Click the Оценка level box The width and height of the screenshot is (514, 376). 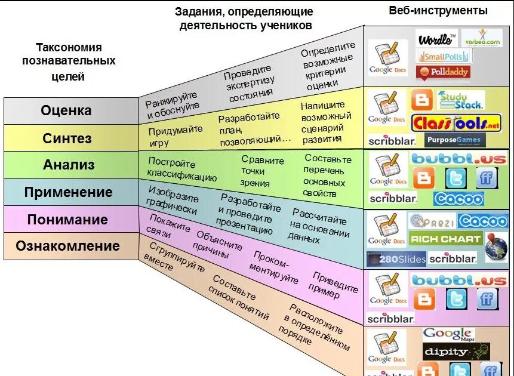66,110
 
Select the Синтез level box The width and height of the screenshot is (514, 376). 66,138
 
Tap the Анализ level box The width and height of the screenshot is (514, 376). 68,165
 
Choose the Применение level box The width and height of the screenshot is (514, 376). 68,192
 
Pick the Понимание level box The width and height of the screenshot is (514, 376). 67,219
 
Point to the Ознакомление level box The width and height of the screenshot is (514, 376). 67,246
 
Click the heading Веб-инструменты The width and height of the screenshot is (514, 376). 438,11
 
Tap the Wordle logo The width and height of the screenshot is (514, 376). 436,39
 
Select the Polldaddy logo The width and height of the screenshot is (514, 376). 442,72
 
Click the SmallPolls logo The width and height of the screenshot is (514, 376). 444,56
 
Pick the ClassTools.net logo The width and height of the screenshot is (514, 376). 457,124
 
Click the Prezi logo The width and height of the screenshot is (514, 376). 432,221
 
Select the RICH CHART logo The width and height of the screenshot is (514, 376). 445,239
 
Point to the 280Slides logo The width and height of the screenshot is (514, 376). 396,259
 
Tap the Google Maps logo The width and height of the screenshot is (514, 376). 448,334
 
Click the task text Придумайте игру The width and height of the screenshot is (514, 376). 175,135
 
